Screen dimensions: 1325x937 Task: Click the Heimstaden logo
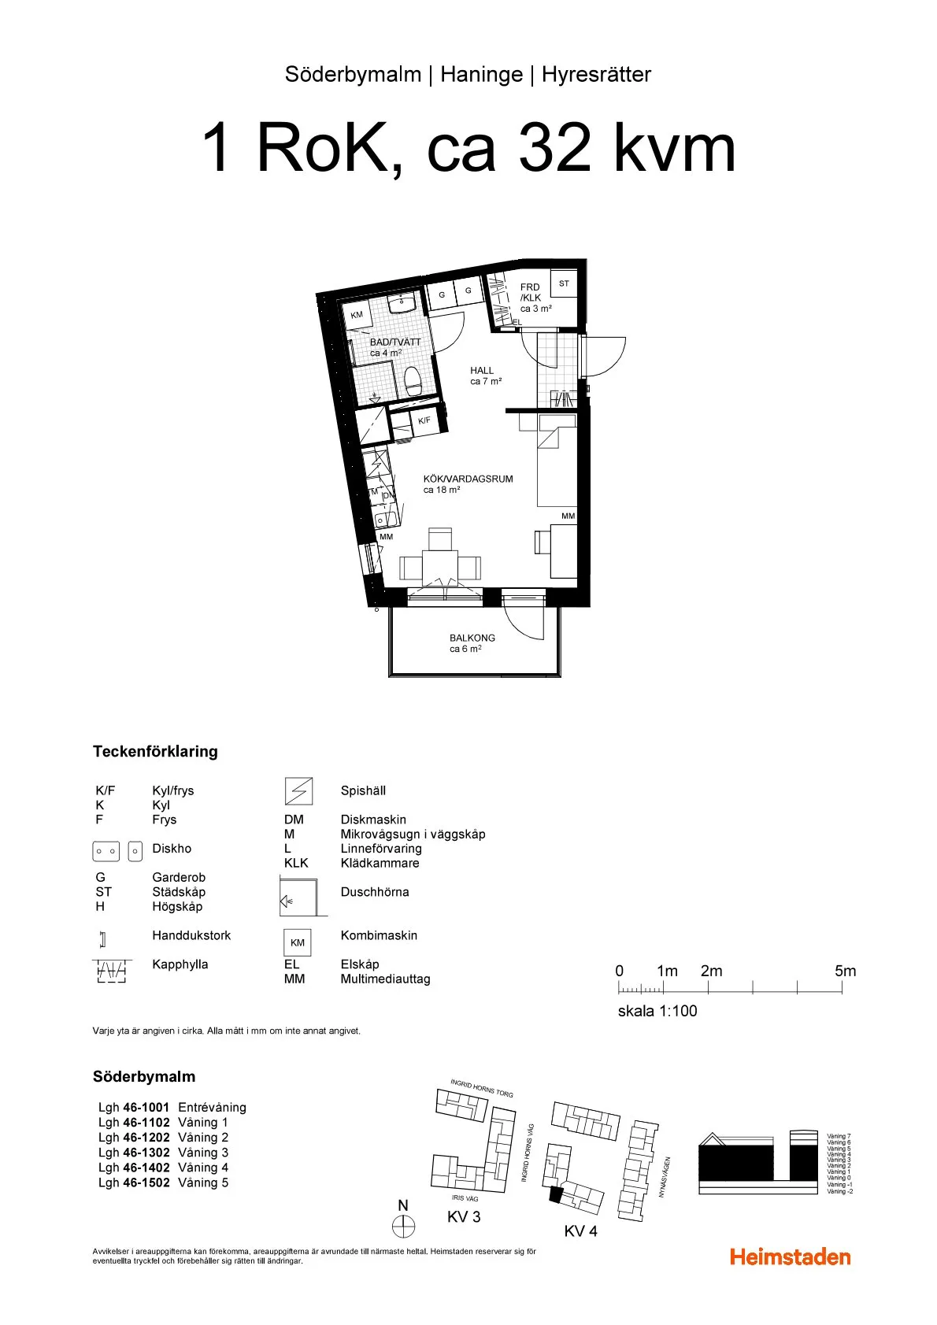[790, 1257]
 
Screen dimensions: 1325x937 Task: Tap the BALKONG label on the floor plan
[472, 638]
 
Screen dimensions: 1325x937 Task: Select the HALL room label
[482, 370]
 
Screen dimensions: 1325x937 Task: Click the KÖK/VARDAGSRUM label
[468, 479]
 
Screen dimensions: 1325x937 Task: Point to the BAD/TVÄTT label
[395, 342]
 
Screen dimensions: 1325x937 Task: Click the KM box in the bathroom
[357, 315]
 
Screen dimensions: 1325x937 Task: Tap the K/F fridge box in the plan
[424, 421]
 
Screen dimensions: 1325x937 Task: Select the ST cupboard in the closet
[564, 283]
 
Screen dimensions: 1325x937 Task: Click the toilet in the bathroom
[413, 383]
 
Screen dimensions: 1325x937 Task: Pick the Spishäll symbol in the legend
[298, 790]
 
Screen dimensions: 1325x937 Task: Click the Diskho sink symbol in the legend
[117, 850]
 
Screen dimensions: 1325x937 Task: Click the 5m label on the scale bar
[845, 971]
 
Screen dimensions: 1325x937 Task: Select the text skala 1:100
[657, 1011]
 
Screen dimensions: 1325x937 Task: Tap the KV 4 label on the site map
[580, 1231]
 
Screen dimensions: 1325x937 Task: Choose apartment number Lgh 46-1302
[134, 1153]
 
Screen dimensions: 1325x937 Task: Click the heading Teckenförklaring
[155, 751]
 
